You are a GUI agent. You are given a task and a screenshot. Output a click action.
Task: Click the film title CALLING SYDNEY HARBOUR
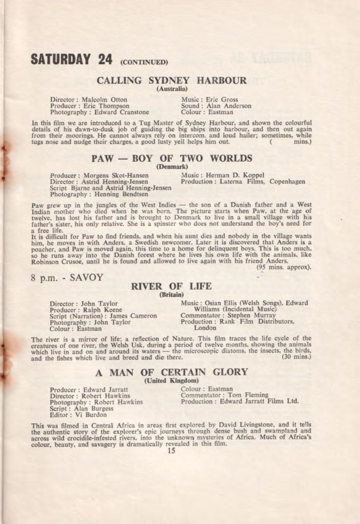172,80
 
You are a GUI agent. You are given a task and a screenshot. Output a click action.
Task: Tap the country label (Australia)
172,89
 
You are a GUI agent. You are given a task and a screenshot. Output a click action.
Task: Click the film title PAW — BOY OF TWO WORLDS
172,158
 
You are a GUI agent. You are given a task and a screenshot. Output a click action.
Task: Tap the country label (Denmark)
172,167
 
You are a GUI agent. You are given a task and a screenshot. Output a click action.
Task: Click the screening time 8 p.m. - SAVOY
67,278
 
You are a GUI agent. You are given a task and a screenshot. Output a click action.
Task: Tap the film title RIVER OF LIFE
172,286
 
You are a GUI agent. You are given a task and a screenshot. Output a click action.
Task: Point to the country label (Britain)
172,294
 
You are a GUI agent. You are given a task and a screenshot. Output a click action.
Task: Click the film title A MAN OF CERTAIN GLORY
172,373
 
